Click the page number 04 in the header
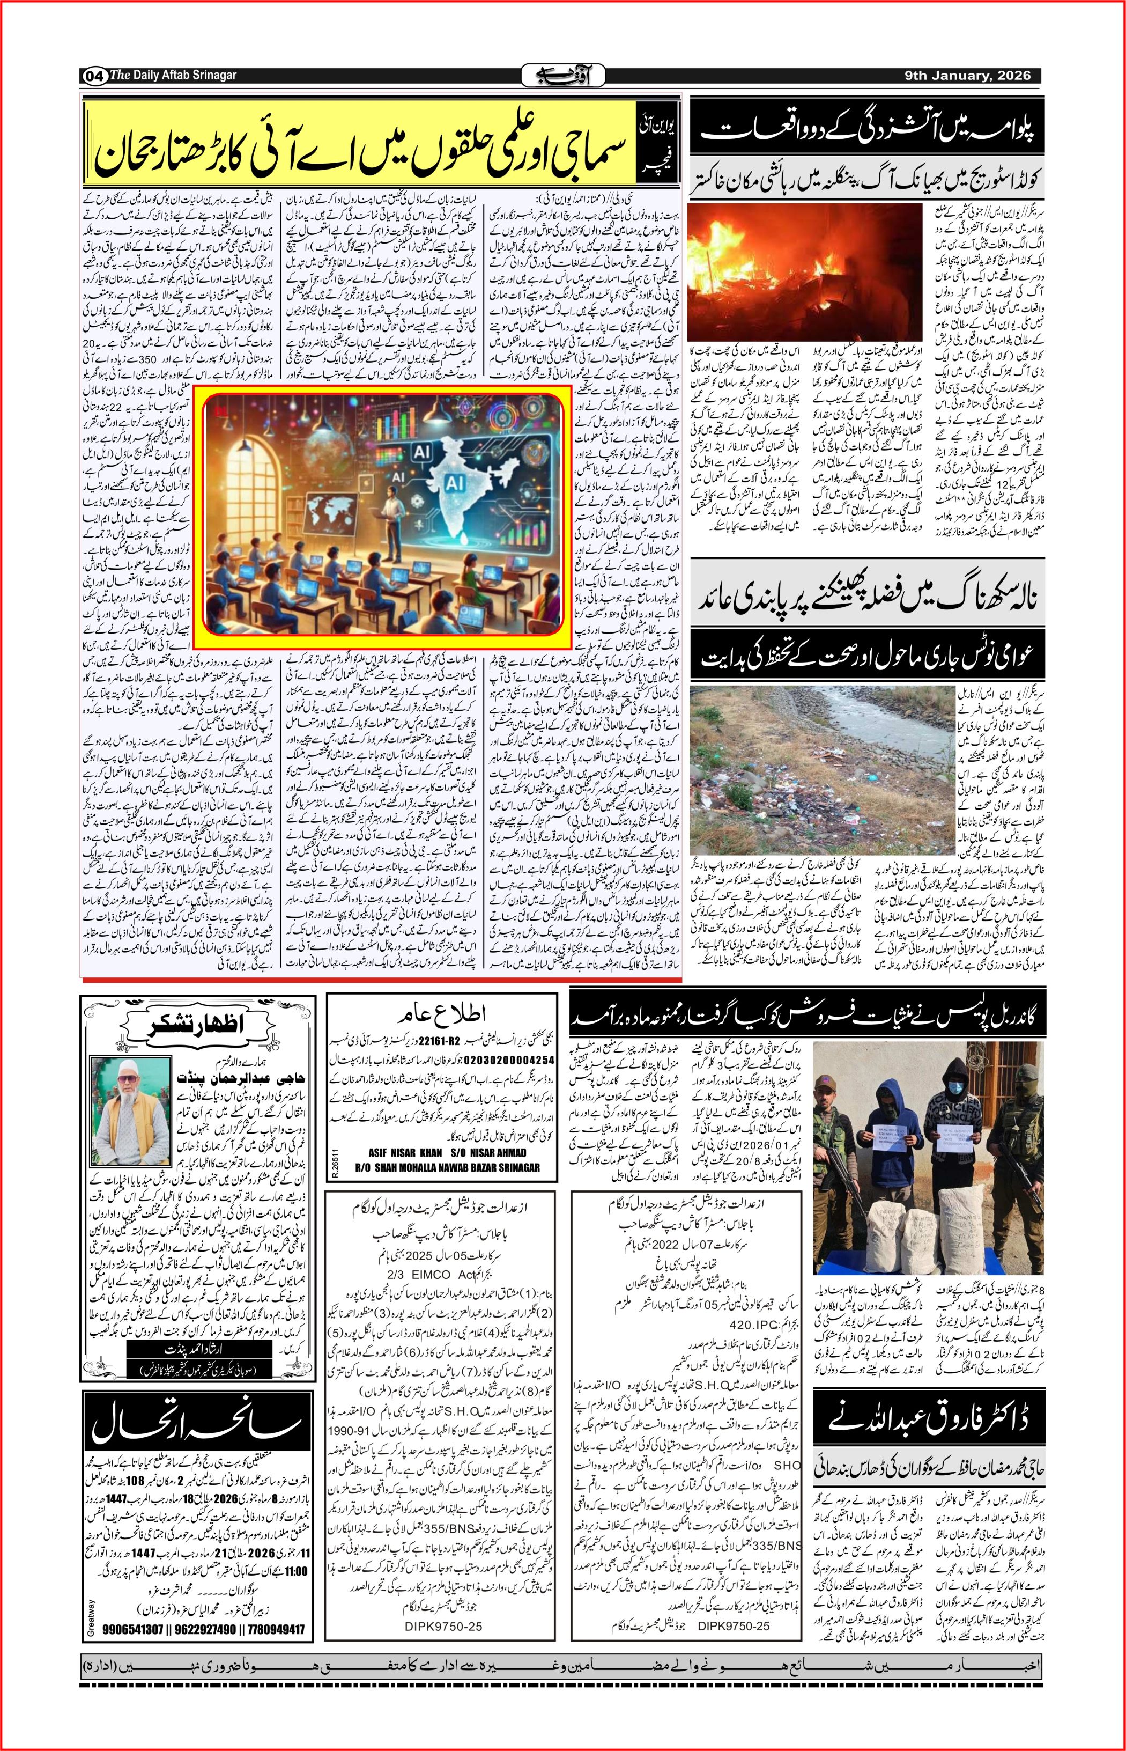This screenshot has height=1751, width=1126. (x=94, y=75)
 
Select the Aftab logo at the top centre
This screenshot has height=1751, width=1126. (x=562, y=75)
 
